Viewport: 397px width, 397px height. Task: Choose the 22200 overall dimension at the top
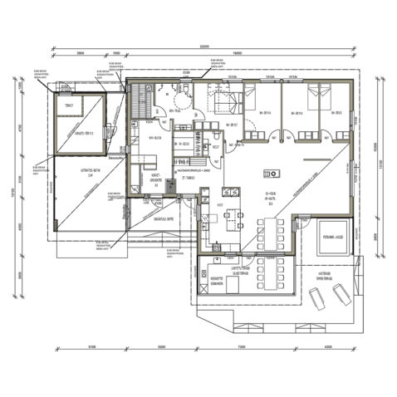tap(203, 47)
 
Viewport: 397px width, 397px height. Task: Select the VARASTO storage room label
tap(74, 132)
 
